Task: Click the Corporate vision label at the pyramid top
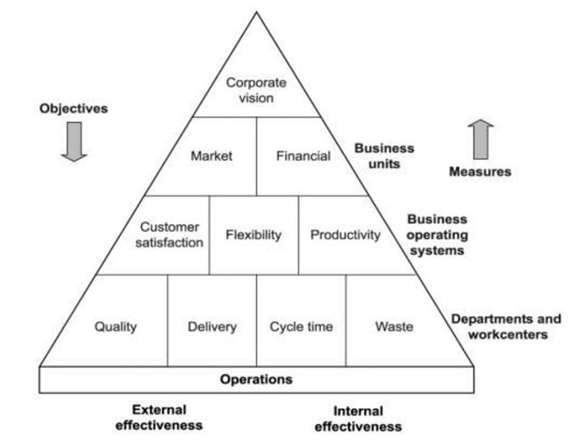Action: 256,90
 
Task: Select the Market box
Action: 211,156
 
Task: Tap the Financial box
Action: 303,156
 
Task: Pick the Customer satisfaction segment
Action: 171,234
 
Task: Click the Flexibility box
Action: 253,234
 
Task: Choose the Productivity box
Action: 345,234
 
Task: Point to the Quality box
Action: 116,327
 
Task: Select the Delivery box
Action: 211,327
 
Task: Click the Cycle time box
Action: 301,327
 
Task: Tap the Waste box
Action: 394,327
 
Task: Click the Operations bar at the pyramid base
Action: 256,379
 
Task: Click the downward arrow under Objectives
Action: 74,141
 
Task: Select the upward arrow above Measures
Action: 481,139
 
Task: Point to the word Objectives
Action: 74,109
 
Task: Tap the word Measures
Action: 480,171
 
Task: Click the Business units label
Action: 384,155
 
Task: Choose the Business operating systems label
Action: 436,234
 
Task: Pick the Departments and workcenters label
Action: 506,326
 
